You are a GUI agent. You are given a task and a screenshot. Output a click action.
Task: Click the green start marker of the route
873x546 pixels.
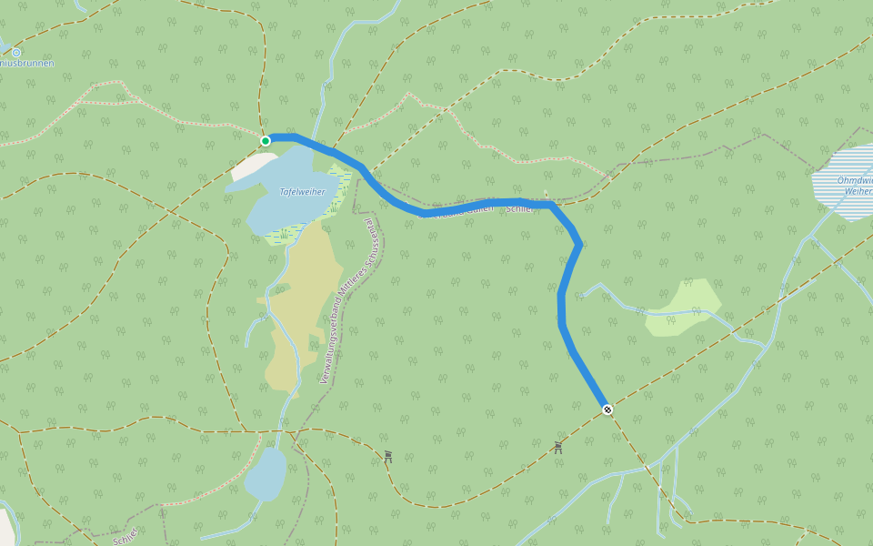[266, 141]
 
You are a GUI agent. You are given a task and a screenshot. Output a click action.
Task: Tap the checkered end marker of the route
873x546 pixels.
[607, 409]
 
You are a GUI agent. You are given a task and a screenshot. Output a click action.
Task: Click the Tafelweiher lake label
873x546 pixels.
[302, 192]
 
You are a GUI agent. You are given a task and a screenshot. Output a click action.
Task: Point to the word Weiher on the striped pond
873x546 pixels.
[858, 192]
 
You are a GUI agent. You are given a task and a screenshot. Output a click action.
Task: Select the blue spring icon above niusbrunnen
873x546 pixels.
[16, 53]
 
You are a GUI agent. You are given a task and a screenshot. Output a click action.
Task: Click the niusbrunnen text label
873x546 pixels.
[27, 64]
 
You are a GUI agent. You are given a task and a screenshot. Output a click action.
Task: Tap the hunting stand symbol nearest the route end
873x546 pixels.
[557, 447]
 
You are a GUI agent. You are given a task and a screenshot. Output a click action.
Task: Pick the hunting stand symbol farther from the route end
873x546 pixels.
[388, 456]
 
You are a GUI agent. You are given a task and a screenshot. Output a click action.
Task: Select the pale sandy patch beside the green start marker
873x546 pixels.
[249, 166]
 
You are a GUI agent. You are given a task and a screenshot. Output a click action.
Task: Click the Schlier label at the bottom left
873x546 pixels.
[125, 536]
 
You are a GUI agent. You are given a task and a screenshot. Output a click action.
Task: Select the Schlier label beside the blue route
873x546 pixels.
[518, 209]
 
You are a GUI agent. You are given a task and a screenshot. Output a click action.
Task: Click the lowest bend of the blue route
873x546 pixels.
[562, 323]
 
